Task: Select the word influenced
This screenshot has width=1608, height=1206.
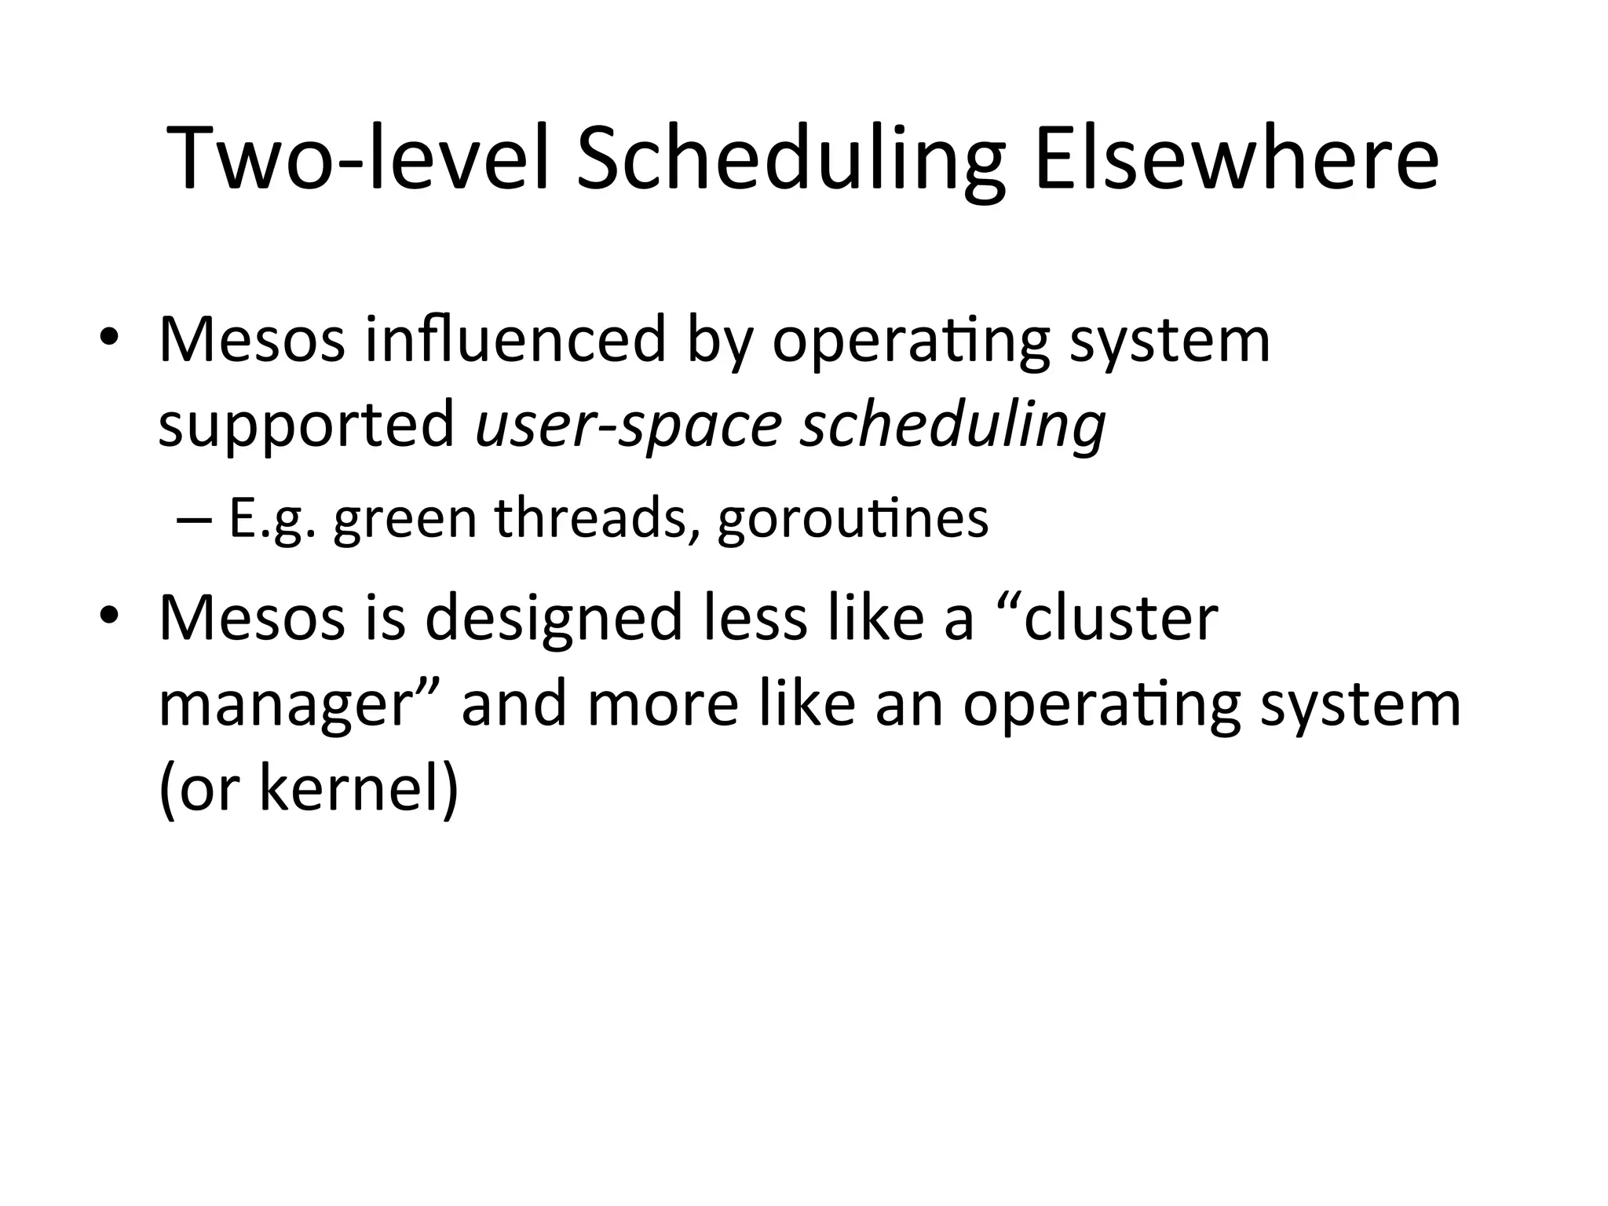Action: (515, 339)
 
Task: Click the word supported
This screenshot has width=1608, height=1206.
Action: (307, 425)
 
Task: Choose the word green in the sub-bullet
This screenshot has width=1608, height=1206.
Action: (405, 519)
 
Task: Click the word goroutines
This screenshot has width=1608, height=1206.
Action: (853, 519)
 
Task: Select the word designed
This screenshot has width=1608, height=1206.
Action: (554, 618)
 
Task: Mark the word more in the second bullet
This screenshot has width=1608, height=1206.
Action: (663, 704)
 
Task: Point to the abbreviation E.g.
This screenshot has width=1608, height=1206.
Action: (272, 519)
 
